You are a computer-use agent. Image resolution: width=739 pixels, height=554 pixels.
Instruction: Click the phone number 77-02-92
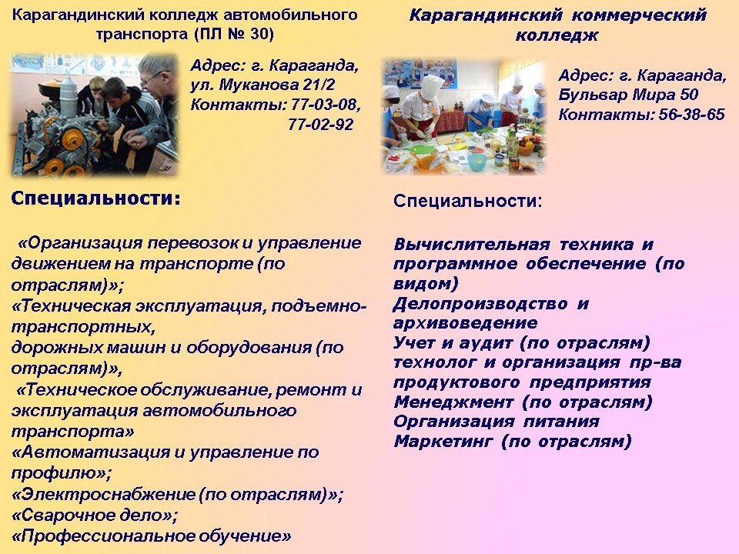[320, 125]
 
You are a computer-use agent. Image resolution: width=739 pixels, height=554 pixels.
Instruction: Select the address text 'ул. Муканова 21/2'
[262, 85]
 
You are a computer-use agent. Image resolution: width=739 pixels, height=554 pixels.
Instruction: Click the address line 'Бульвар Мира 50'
[628, 95]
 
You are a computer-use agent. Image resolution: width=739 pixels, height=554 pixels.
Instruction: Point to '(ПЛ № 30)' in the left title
[233, 35]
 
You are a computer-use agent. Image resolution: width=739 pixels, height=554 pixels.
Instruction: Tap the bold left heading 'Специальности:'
[95, 198]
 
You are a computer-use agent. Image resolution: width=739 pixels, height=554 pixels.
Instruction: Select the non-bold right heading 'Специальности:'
[467, 201]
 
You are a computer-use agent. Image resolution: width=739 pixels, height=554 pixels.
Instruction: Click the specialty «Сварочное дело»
[94, 515]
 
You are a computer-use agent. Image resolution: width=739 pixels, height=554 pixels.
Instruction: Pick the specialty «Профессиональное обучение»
[151, 536]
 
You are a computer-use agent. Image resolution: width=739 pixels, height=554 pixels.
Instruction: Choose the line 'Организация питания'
[497, 421]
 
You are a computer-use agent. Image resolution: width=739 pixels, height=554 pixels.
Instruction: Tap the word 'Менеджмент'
[453, 402]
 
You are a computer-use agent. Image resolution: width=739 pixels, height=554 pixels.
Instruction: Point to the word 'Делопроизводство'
[480, 304]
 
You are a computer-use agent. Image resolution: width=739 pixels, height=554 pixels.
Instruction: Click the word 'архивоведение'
[465, 323]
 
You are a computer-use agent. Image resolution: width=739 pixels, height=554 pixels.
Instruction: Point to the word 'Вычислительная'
[472, 245]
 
